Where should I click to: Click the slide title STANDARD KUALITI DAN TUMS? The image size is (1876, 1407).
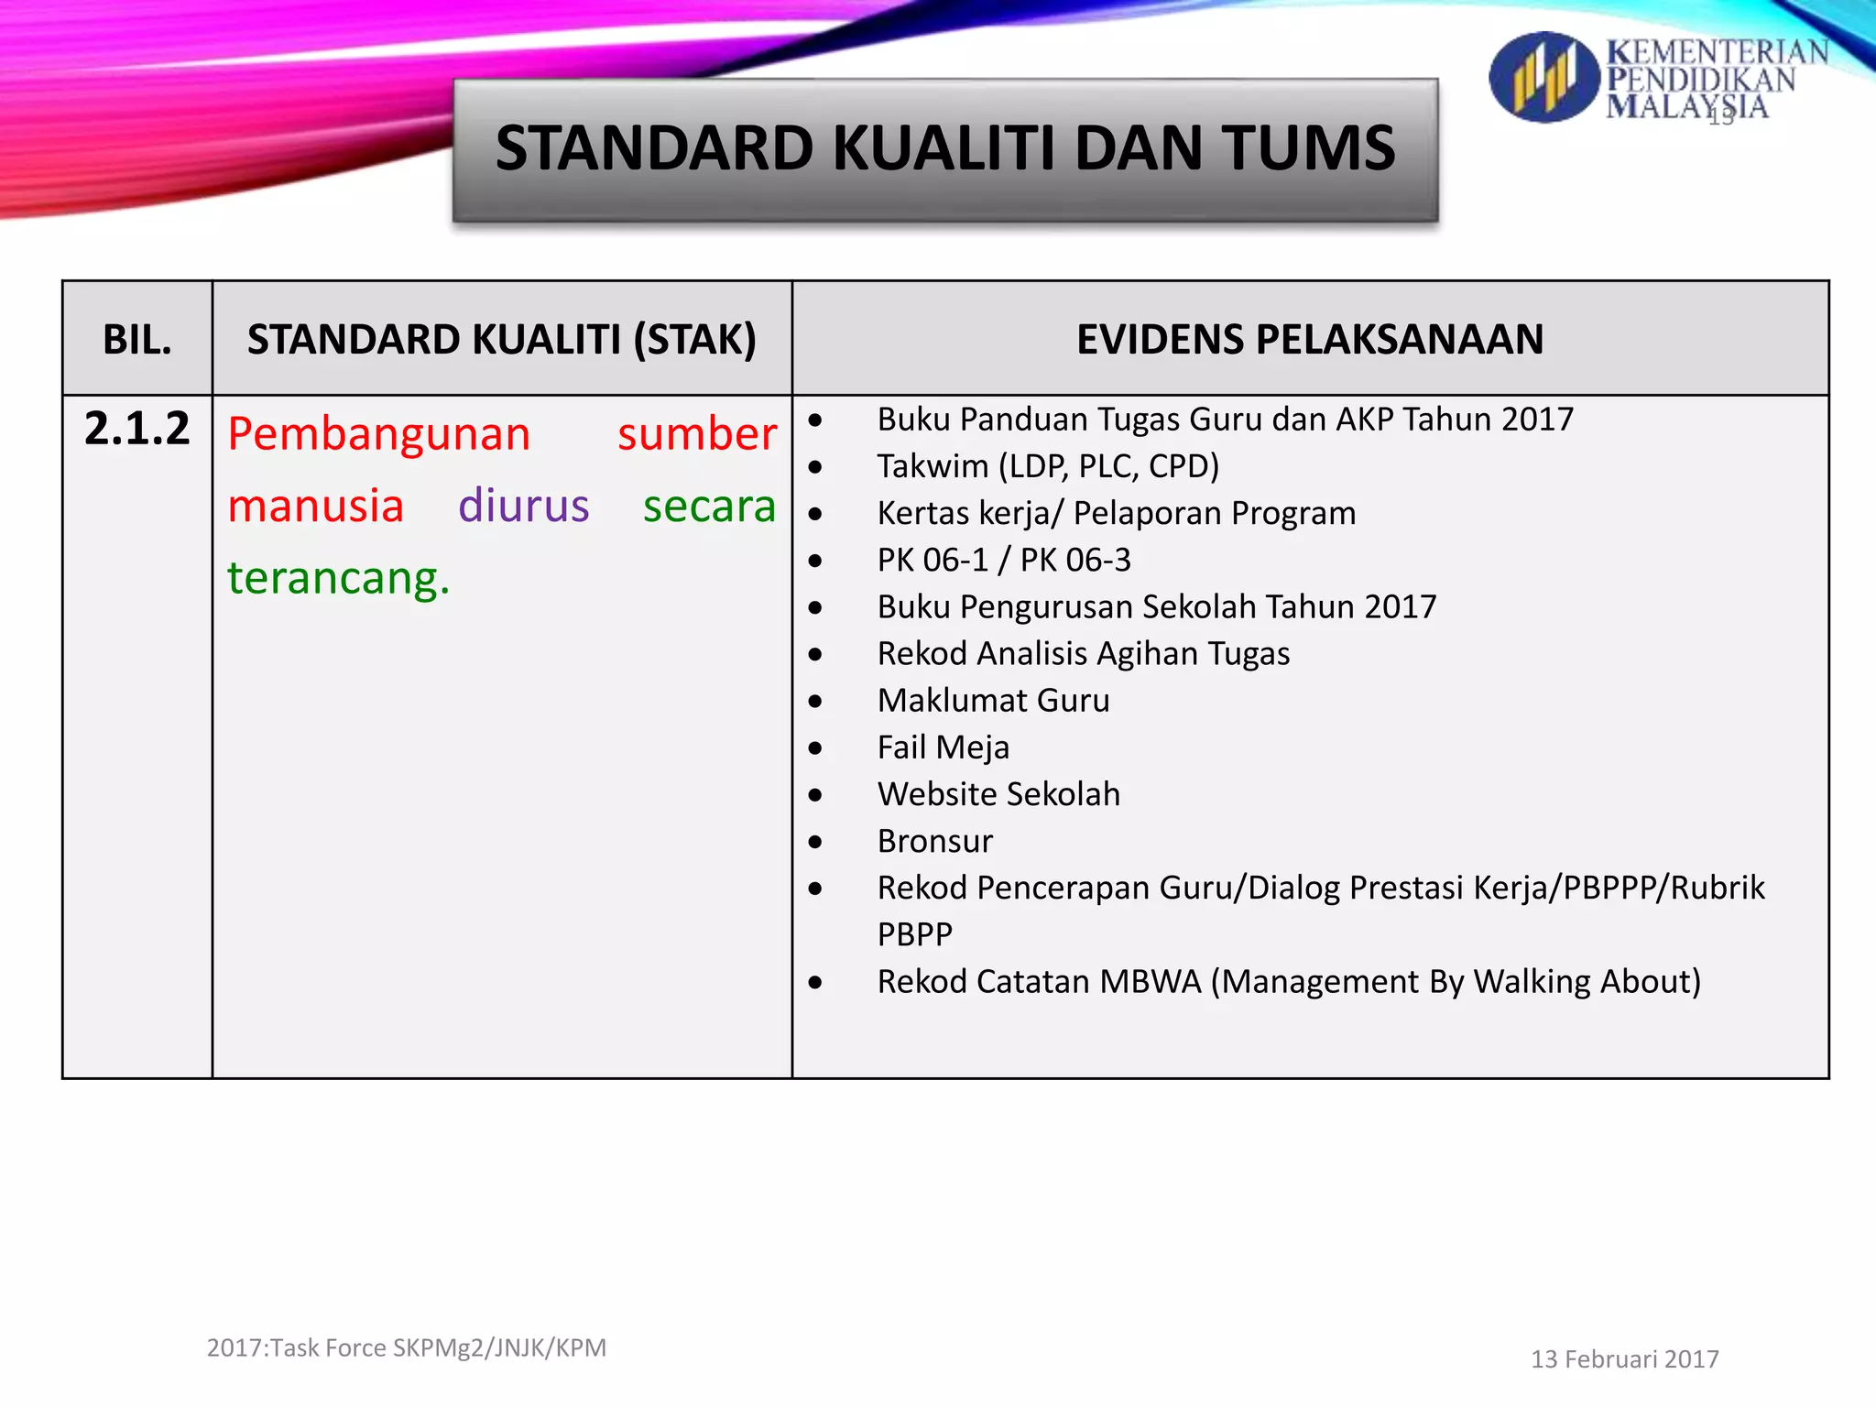click(945, 148)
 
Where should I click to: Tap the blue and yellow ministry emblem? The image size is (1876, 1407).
click(1543, 78)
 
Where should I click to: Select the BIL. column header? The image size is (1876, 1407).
click(137, 340)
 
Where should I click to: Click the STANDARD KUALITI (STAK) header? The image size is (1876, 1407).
click(502, 340)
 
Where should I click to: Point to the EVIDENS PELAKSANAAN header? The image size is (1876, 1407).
click(1310, 340)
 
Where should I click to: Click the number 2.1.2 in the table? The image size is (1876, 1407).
click(137, 429)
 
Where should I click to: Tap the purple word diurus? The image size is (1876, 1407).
click(523, 506)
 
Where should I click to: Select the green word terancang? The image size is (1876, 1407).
click(339, 578)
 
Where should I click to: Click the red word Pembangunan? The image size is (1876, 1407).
click(379, 434)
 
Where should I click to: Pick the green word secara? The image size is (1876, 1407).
click(709, 506)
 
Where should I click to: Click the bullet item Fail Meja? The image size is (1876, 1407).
click(943, 747)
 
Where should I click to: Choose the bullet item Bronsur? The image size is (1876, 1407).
click(934, 841)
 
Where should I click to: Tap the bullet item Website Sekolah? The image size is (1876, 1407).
click(998, 794)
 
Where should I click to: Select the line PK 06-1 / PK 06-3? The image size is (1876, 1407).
click(1004, 560)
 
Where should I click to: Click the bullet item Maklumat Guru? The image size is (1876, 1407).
click(993, 701)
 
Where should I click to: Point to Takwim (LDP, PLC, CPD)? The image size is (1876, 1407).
click(1048, 466)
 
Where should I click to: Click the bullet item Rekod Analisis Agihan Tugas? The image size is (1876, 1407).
click(1084, 654)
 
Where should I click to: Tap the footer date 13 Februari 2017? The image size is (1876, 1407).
click(1624, 1359)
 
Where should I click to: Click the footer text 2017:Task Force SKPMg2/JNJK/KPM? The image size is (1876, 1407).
click(407, 1348)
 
